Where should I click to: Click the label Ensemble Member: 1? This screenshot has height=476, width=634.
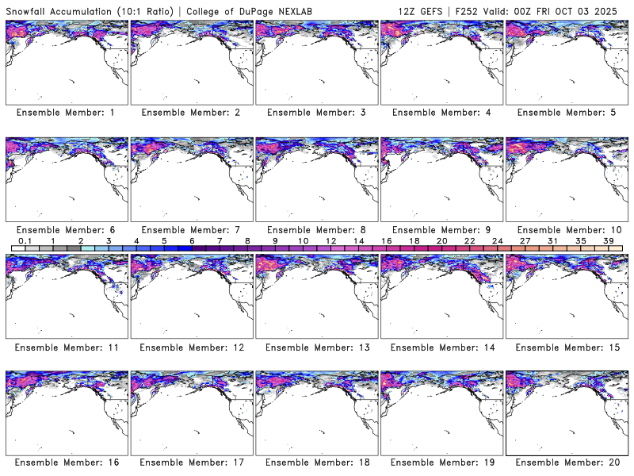(66, 113)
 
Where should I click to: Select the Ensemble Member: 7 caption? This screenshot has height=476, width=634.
(191, 230)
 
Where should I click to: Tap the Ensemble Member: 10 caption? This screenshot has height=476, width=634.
(567, 230)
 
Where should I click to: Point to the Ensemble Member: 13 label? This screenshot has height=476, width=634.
(316, 347)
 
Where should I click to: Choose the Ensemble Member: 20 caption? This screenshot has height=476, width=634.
(567, 463)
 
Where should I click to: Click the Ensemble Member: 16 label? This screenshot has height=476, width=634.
(66, 463)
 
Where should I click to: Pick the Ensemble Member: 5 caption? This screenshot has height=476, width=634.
(567, 113)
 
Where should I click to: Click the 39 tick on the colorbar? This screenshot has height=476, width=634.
(609, 241)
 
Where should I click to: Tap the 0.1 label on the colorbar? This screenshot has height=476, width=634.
(25, 241)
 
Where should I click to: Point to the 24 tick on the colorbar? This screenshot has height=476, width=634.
(498, 241)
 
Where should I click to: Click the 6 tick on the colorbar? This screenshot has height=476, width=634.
(192, 241)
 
